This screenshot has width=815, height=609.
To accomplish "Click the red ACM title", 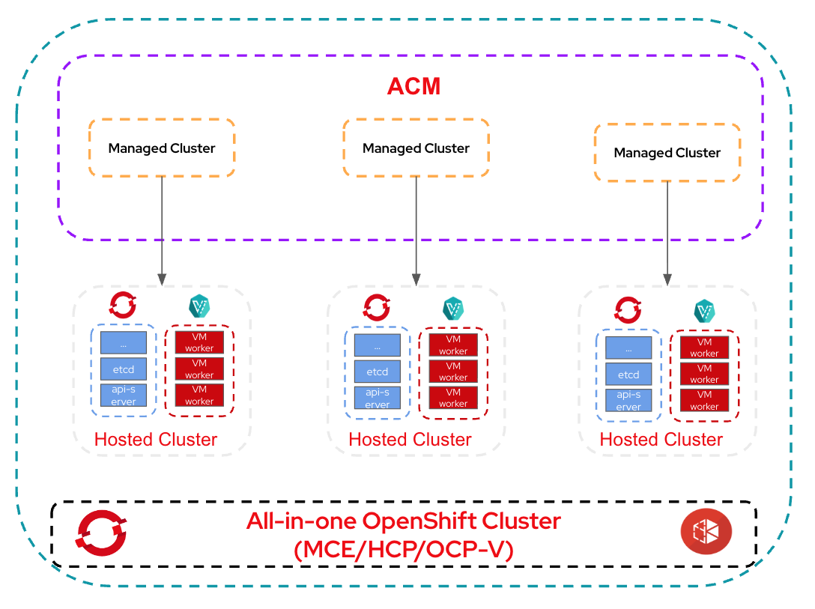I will click(x=413, y=87).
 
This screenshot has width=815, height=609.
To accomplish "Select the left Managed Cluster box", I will click(x=162, y=148).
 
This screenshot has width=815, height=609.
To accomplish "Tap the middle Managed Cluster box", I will click(x=416, y=148).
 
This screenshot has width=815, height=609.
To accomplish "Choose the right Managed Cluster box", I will click(x=667, y=152).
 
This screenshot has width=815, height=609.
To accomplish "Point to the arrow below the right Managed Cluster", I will click(x=667, y=233).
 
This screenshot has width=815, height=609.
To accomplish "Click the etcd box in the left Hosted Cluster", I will click(x=124, y=369).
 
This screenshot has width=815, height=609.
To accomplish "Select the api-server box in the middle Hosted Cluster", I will click(x=377, y=398).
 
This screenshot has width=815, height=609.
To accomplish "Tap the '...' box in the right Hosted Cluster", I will click(x=628, y=348).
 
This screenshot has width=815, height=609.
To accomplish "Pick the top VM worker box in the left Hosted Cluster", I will click(x=199, y=342).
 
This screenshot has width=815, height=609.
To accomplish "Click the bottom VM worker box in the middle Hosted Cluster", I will click(x=453, y=397).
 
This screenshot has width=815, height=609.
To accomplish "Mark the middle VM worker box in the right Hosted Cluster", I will click(x=704, y=373).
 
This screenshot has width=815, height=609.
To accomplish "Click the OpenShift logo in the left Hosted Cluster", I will click(x=123, y=306).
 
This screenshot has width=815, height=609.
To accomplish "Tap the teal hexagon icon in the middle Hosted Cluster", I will click(x=453, y=309).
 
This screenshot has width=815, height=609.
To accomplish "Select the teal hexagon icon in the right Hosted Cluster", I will click(x=704, y=311).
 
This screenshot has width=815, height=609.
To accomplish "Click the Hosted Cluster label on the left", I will click(x=156, y=439).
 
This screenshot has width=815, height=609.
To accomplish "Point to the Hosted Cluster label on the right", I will click(x=661, y=439).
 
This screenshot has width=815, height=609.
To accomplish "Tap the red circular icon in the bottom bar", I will click(x=706, y=532).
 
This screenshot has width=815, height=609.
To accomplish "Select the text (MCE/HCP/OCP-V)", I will click(x=404, y=549).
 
